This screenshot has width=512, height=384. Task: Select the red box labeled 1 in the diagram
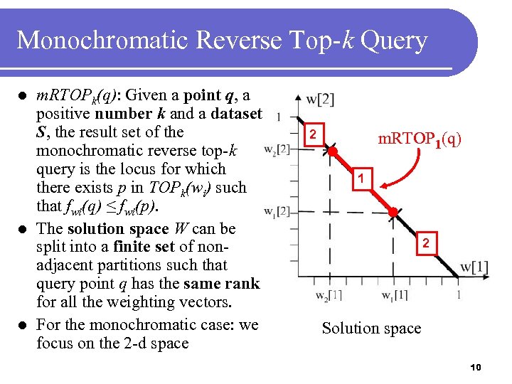click(361, 178)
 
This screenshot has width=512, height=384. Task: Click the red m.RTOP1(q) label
click(419, 139)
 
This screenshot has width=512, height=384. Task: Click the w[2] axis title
click(320, 99)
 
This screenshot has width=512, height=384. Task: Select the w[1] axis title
click(474, 267)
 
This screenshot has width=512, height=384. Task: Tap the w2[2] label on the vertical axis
click(277, 149)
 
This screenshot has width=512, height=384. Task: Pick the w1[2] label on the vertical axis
click(277, 211)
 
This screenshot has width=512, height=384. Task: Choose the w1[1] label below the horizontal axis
click(394, 294)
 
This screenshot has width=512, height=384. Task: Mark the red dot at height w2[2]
click(331, 151)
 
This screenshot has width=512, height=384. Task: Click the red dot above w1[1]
click(393, 212)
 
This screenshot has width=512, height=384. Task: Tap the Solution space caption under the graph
click(371, 328)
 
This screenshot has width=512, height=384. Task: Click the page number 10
click(476, 367)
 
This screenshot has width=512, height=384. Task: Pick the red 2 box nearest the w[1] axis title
click(425, 244)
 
